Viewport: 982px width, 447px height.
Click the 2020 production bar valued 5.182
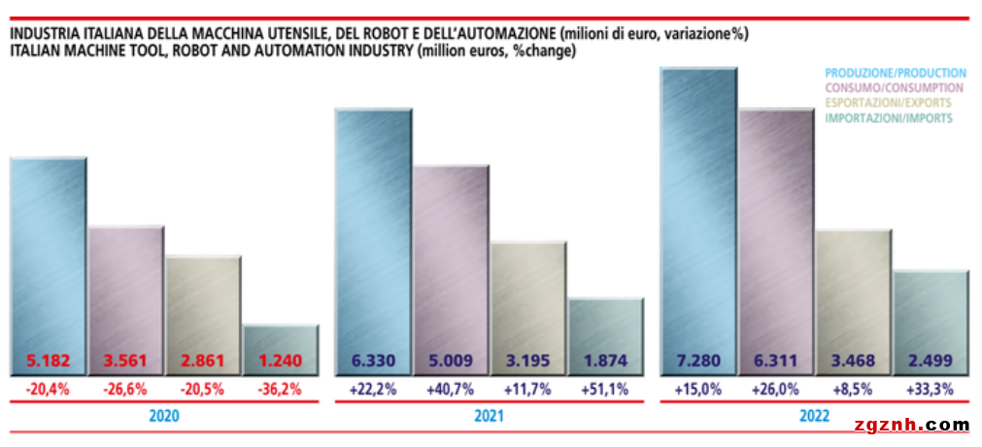tap(48, 253)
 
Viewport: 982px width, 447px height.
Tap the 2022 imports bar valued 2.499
tap(930, 311)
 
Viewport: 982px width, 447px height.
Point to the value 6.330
tap(373, 361)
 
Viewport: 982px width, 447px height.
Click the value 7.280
tap(698, 361)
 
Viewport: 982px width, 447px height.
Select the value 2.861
tap(203, 361)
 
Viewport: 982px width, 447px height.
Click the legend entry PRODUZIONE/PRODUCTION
tap(895, 73)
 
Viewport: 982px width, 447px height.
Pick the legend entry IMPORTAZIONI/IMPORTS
tap(888, 118)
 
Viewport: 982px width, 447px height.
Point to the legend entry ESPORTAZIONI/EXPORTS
tap(887, 103)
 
